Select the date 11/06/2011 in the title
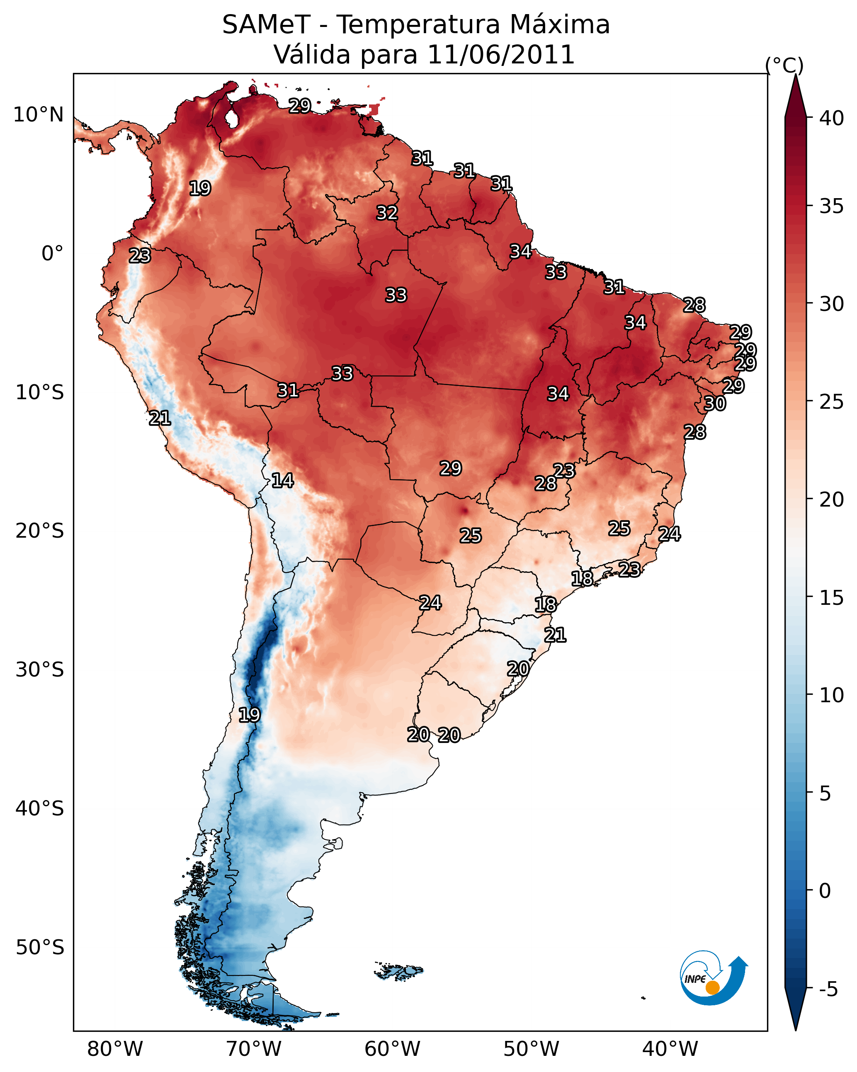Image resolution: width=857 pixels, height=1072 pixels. tap(500, 55)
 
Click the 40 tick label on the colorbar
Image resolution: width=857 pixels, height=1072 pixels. tap(831, 118)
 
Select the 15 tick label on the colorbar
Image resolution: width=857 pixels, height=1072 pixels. tap(831, 598)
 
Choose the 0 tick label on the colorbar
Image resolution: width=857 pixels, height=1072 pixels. tap(825, 891)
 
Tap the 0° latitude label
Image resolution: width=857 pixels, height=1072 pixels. tap(52, 254)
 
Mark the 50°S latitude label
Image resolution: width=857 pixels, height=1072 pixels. tap(40, 948)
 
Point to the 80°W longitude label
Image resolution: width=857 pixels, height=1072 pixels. tap(115, 1049)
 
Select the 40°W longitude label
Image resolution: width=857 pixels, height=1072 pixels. tap(670, 1049)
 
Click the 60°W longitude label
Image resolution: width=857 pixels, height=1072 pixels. tap(393, 1049)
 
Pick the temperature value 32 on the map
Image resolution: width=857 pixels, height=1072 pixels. tap(386, 213)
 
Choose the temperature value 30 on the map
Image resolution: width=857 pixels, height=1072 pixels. tap(714, 403)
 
